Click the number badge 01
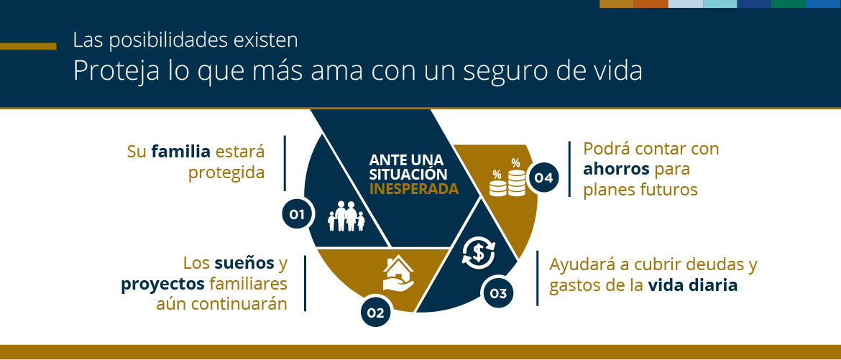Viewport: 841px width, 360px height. pos(297,213)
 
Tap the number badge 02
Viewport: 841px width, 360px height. pos(375,312)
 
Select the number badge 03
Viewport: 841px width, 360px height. pos(498,292)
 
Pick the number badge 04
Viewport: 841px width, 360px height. pos(543,177)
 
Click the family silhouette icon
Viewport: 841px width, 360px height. pos(346,216)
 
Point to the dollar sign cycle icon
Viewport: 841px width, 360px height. pos(478,252)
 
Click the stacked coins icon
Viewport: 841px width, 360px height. pos(507,180)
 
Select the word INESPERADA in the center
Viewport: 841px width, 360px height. pos(413,190)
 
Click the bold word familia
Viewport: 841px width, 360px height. pos(180,152)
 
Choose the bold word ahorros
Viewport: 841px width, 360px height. pos(616,170)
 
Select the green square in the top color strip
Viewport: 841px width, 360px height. pos(788,4)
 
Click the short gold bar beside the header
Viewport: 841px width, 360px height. pos(28,47)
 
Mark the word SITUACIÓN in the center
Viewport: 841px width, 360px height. pos(408,175)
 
